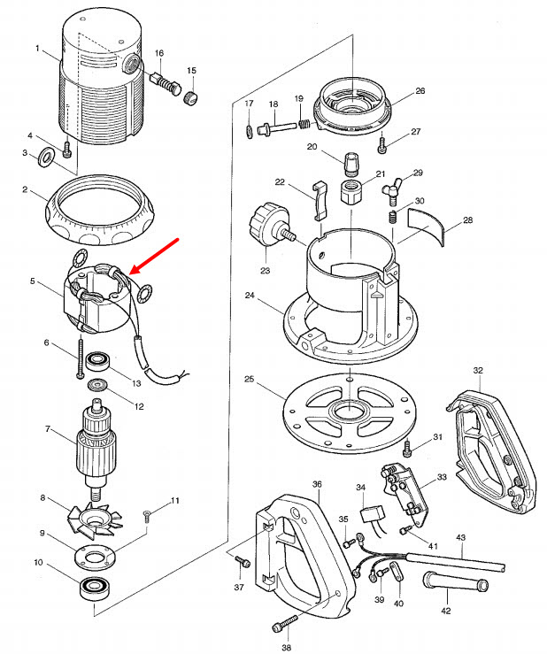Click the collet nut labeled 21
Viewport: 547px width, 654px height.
tap(351, 189)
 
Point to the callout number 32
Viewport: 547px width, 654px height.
tap(477, 371)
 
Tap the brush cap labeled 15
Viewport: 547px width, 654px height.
tap(189, 96)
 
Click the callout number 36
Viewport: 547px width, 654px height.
tap(317, 484)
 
